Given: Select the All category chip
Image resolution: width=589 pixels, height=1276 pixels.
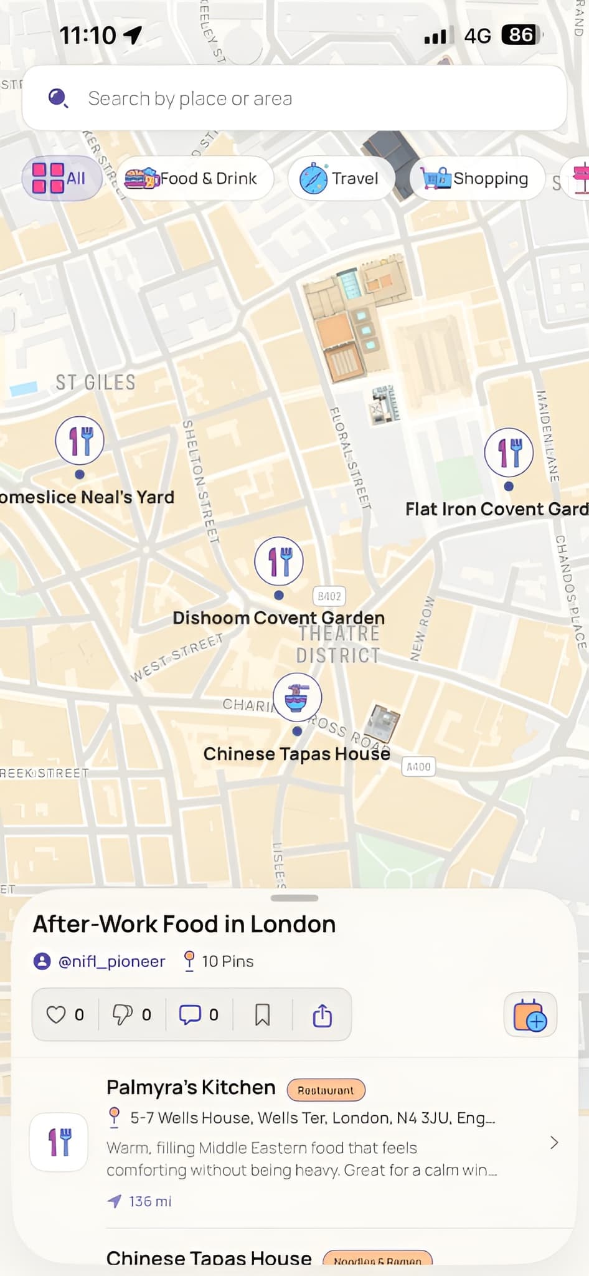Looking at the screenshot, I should (x=61, y=178).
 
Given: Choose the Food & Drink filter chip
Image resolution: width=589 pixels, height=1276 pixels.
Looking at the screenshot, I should (x=194, y=179).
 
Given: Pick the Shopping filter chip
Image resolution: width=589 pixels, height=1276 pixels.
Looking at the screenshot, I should (x=476, y=179).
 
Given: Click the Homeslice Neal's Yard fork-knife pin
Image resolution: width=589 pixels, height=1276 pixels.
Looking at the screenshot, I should (x=80, y=440).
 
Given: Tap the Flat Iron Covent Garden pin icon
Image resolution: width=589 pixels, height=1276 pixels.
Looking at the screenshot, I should (x=509, y=452).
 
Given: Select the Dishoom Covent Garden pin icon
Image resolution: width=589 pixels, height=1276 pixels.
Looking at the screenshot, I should (x=279, y=561).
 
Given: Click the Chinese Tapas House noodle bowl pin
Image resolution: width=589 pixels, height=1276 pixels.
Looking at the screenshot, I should (x=298, y=697).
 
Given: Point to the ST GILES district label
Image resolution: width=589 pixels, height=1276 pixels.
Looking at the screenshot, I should (x=95, y=382).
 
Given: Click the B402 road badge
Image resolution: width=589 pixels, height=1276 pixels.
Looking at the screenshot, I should (x=329, y=596).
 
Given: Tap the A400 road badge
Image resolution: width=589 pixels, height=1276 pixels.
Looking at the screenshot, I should (x=418, y=767).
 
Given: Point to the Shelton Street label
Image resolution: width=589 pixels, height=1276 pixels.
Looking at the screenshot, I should (x=200, y=480).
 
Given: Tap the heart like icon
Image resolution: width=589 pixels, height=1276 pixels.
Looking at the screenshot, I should (x=56, y=1015).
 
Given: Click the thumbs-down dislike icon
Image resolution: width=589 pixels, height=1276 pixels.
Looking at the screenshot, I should (x=122, y=1015).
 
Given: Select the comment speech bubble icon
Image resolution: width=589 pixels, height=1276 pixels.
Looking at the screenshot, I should (x=190, y=1015).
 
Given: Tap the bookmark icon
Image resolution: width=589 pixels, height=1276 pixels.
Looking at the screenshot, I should (x=263, y=1015).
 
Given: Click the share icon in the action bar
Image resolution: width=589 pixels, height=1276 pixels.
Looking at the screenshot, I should (x=322, y=1015).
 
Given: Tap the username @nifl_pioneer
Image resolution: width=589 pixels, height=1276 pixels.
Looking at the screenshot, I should (x=111, y=961).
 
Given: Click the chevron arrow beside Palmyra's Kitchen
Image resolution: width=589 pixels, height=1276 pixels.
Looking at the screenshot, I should (x=554, y=1143).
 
